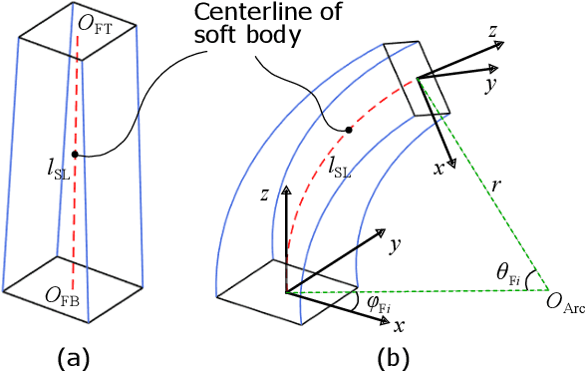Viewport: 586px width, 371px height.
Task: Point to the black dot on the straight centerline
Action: [74, 154]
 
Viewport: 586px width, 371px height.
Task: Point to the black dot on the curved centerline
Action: [348, 130]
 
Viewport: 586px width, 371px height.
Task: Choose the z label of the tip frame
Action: [492, 31]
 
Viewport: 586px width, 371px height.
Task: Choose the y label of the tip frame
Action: [490, 85]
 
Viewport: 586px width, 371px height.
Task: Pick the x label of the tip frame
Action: [439, 169]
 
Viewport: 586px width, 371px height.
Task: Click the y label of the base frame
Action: [396, 243]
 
